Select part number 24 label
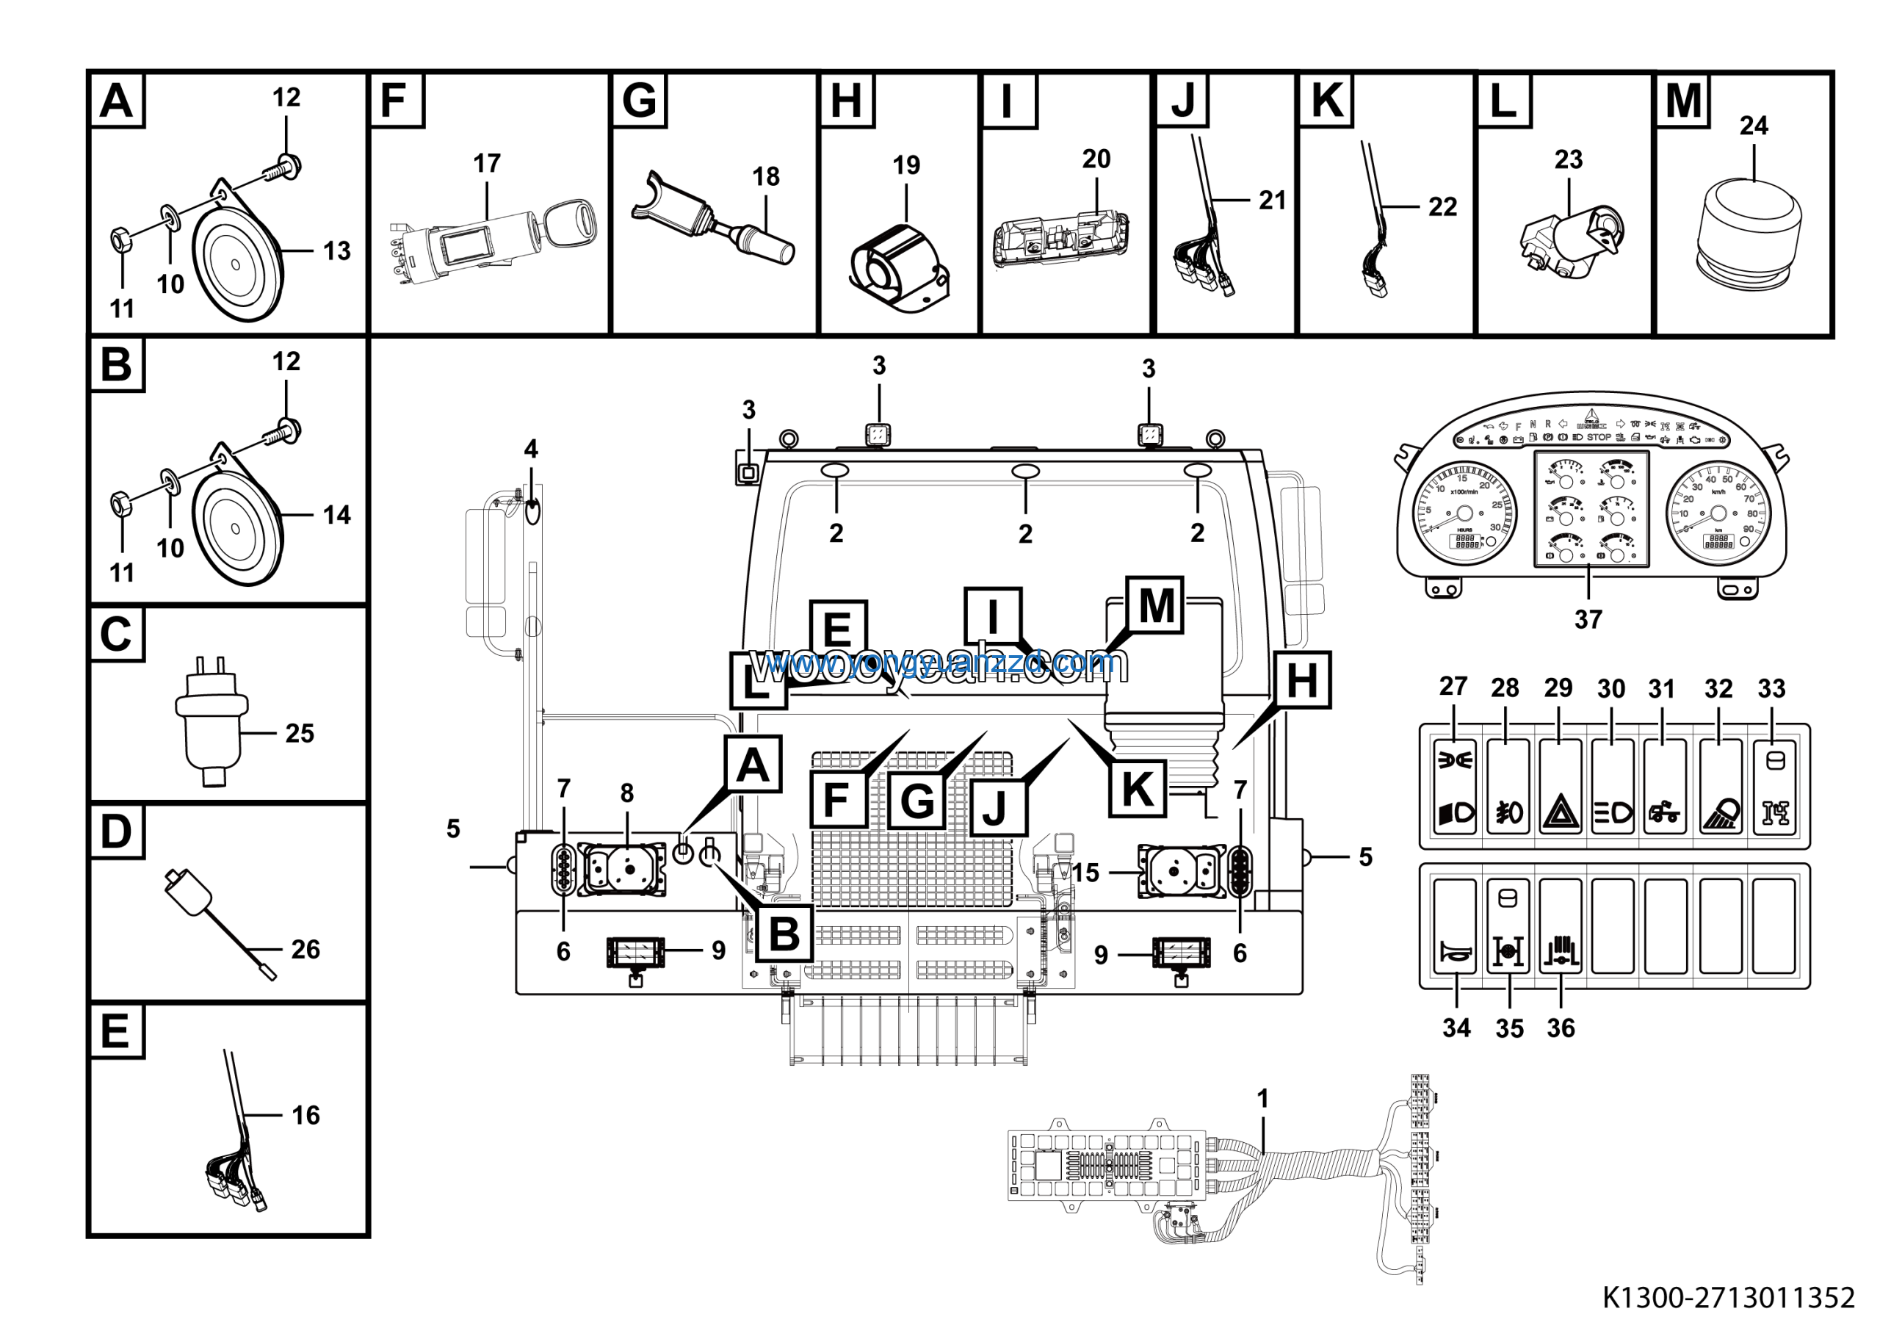1753,126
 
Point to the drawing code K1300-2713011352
1728,1298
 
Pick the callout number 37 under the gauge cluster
1588,620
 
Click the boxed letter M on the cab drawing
1154,606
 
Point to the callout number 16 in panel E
305,1115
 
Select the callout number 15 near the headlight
1085,873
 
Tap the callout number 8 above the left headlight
626,793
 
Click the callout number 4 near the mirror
531,449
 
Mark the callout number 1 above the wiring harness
1262,1098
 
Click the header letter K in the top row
1326,101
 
